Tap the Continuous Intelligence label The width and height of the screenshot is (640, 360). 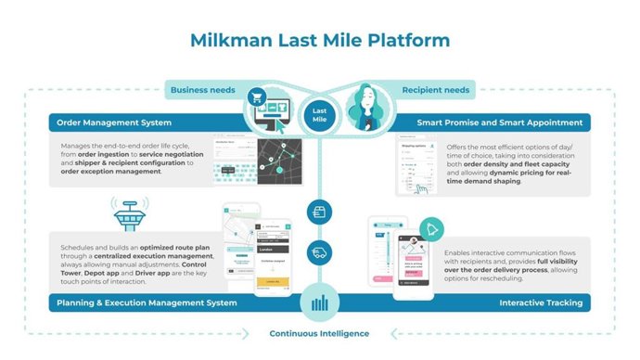[x=319, y=333]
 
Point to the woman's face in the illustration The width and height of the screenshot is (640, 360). [x=368, y=101]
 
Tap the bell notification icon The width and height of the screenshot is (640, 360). [x=430, y=229]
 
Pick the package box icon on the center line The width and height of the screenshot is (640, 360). [x=318, y=212]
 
